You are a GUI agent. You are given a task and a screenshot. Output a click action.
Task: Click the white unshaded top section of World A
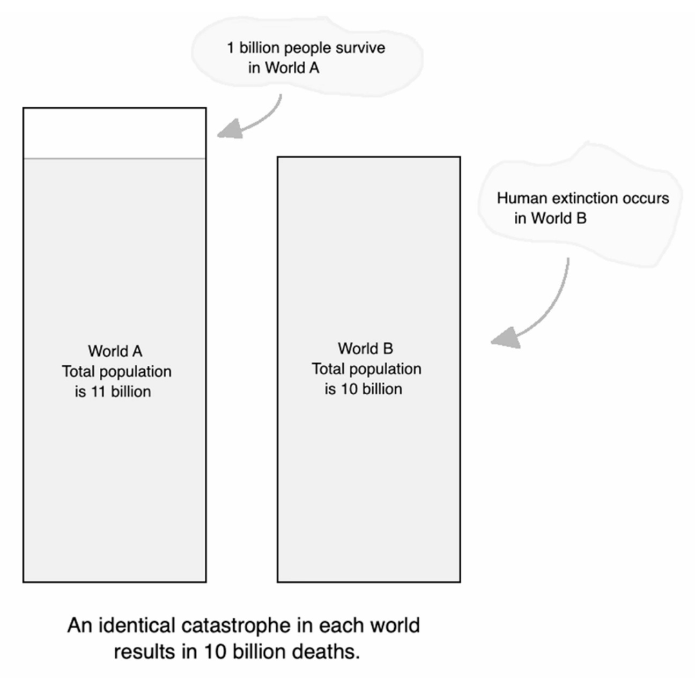coord(114,133)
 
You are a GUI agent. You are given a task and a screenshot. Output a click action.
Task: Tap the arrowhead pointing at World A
coord(231,129)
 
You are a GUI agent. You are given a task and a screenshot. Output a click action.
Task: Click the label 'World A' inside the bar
coord(115,351)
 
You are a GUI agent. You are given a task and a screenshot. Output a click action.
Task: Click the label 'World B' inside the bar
coord(366,349)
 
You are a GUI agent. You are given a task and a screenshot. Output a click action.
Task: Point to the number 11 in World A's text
coord(98,392)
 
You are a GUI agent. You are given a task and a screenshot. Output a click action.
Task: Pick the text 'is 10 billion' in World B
coord(363,389)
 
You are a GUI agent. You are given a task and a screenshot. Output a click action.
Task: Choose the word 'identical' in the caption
coord(136,626)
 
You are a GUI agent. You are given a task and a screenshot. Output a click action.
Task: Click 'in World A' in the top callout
coord(284,68)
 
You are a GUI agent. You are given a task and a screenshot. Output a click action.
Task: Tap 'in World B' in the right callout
coord(550,218)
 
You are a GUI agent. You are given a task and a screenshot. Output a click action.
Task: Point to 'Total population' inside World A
coord(116,372)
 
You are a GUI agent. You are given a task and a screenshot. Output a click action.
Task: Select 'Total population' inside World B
coord(367,369)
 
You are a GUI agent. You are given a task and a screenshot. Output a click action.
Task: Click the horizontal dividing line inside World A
coord(114,159)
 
